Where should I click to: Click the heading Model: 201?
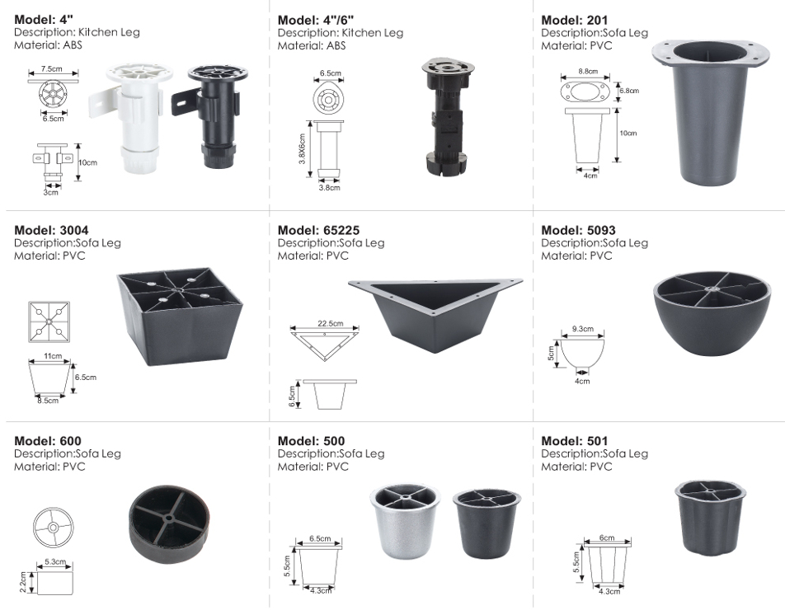click(574, 20)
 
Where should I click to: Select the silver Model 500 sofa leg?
click(406, 520)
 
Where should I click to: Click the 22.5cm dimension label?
click(331, 323)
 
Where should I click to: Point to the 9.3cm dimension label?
click(583, 329)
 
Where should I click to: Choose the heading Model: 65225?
click(318, 230)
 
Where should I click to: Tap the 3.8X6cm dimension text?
click(302, 149)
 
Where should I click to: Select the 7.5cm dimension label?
click(52, 68)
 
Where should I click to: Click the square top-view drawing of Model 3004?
click(49, 321)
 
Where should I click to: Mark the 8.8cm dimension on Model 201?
click(588, 71)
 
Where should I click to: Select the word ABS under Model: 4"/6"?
click(336, 45)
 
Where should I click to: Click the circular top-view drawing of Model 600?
click(53, 528)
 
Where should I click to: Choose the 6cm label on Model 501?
click(607, 538)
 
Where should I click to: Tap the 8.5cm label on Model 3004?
click(48, 401)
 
